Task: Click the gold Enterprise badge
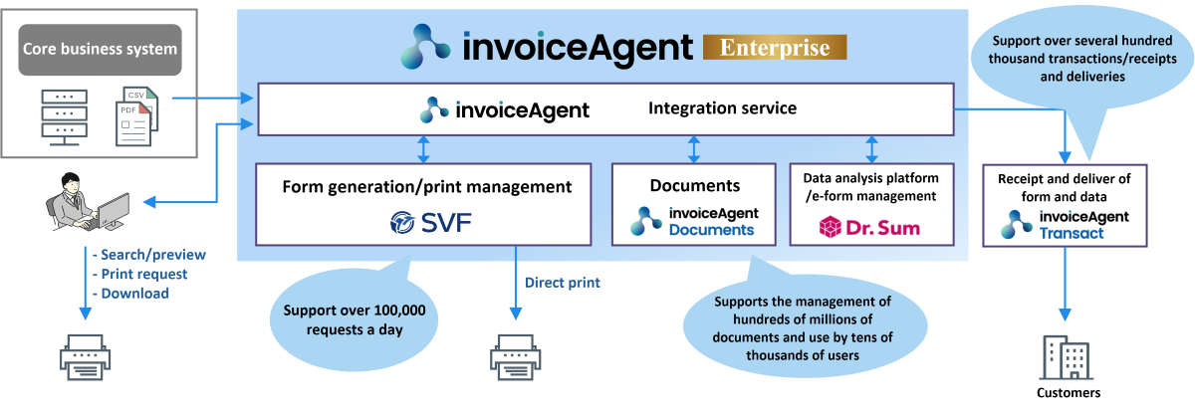coord(774,46)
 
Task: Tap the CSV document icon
coord(135,116)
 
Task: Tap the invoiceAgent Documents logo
coord(693,221)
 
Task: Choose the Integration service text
coord(722,107)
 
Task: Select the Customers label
coord(1069,393)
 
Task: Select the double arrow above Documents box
coord(694,149)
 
